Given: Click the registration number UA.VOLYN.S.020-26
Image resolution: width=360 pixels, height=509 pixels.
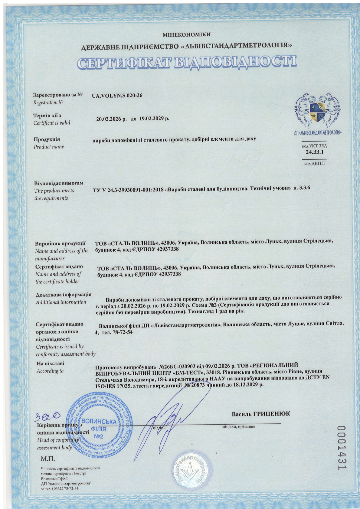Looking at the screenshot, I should (117, 96).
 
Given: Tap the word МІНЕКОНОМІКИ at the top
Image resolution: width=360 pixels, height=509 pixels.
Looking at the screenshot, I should (186, 35).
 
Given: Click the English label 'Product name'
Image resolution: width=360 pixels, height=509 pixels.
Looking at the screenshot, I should (49, 147).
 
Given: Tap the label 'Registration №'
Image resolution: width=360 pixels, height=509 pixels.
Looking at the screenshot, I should (48, 103).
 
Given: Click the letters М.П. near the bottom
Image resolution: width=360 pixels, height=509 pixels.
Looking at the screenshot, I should (48, 459).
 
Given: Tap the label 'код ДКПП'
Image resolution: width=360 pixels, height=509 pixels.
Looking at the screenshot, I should (314, 164).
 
